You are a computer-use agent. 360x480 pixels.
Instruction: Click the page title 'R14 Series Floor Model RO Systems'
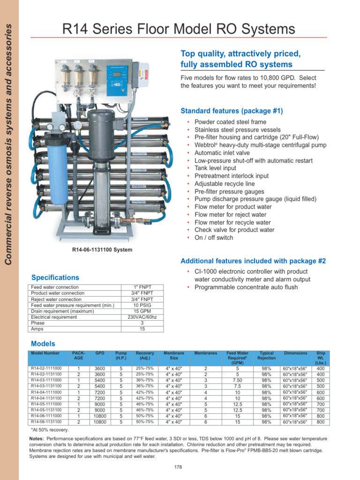tap(179, 30)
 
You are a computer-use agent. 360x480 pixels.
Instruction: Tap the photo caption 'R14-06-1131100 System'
tap(102, 250)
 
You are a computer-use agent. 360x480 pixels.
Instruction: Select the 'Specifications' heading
tap(55, 277)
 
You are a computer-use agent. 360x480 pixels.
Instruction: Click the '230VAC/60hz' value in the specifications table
tap(142, 317)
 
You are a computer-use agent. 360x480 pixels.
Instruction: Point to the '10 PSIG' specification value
tap(142, 305)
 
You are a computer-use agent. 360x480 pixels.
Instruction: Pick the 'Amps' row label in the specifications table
tap(37, 329)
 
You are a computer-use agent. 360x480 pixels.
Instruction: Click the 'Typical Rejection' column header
tap(266, 355)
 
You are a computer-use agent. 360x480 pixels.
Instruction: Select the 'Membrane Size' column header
tap(174, 355)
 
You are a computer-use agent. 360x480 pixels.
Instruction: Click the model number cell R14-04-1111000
tap(45, 392)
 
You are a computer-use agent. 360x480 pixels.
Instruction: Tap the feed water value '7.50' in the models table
tap(238, 381)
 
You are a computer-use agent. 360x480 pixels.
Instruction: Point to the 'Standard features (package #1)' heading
tap(232, 111)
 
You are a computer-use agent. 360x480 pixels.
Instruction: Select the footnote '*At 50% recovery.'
tap(50, 430)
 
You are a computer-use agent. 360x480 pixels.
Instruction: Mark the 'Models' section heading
tap(43, 344)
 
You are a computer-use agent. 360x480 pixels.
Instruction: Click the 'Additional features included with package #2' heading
tap(253, 261)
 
